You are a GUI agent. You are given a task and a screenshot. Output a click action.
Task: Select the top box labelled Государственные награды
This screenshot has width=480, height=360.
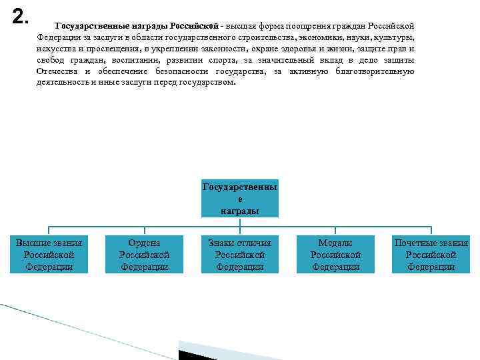(240, 198)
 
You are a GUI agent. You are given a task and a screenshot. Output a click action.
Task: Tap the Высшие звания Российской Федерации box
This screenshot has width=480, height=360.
(49, 255)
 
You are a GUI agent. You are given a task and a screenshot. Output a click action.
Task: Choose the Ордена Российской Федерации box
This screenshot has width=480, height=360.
(145, 255)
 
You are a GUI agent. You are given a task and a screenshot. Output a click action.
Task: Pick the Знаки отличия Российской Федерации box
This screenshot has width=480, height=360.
(240, 255)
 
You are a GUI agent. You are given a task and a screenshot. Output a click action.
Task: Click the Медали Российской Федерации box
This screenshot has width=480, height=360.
(335, 255)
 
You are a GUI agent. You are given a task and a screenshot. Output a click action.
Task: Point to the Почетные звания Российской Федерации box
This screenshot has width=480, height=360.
(431, 255)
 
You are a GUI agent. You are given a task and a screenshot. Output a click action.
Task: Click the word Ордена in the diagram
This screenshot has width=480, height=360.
(145, 243)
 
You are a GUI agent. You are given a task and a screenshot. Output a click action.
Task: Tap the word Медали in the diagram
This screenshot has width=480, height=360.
(335, 243)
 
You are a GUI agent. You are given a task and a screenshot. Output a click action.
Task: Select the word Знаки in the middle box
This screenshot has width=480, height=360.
(223, 243)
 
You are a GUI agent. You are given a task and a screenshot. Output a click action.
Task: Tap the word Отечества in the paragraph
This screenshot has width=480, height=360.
(59, 71)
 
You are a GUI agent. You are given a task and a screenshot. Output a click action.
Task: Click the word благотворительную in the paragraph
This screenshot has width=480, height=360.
(377, 71)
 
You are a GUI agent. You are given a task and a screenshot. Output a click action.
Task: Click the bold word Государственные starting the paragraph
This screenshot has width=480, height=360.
(89, 25)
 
